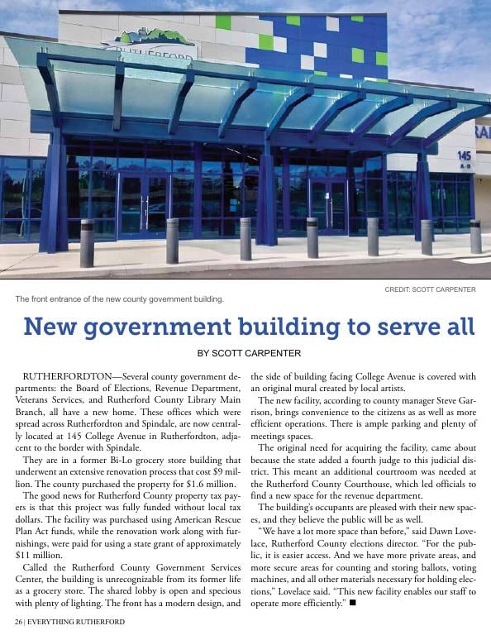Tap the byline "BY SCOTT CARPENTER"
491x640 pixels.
point(249,353)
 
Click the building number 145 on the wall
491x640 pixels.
point(464,155)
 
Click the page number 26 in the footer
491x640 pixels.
point(18,622)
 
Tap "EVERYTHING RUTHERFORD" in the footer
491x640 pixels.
point(76,622)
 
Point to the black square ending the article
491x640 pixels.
point(353,602)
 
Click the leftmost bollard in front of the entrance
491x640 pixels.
point(87,243)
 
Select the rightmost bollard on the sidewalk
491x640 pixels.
point(475,236)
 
